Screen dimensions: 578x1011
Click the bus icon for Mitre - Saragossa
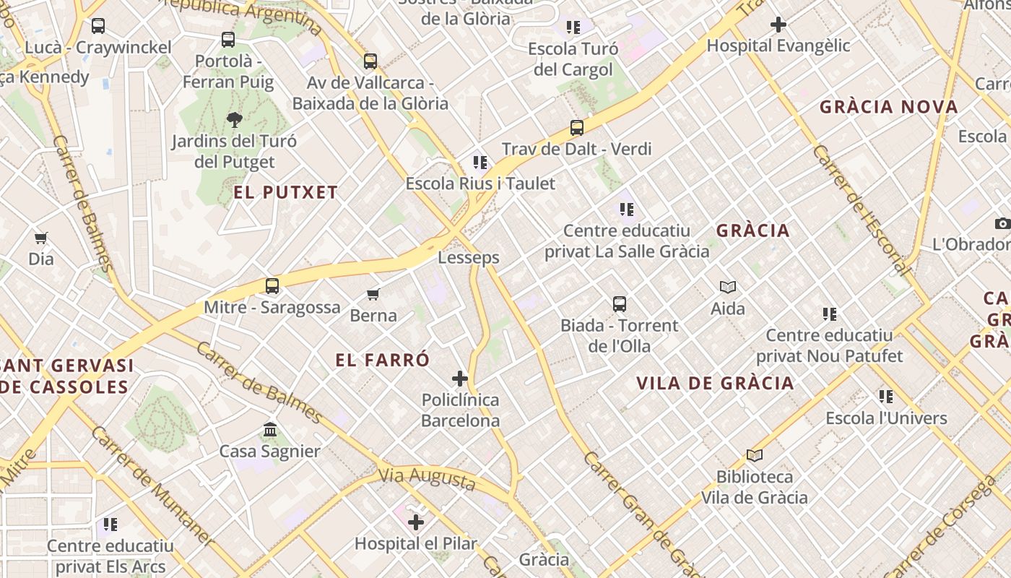tap(272, 286)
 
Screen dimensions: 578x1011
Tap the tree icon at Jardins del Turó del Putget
tap(234, 119)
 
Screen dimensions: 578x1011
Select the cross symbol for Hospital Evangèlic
tap(778, 25)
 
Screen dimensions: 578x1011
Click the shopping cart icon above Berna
tap(373, 294)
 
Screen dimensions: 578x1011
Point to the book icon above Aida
tap(728, 288)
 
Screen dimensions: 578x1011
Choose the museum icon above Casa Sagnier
tap(270, 430)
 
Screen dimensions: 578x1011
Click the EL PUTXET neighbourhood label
tap(286, 192)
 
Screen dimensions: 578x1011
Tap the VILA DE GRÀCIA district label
tap(715, 383)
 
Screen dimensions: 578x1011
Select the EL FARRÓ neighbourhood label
tap(383, 360)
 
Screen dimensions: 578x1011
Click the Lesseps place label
tap(469, 257)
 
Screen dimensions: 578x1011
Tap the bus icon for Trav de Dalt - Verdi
tap(576, 128)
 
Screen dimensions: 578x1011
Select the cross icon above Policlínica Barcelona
tap(460, 378)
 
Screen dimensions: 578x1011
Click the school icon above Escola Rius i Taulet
tap(480, 163)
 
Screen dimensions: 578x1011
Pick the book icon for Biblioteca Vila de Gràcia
tap(755, 455)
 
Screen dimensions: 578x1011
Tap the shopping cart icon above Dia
tap(41, 238)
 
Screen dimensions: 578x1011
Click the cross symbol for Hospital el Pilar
tap(416, 522)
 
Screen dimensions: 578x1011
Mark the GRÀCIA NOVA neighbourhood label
tap(888, 107)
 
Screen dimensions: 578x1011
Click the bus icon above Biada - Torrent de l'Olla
tap(620, 304)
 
